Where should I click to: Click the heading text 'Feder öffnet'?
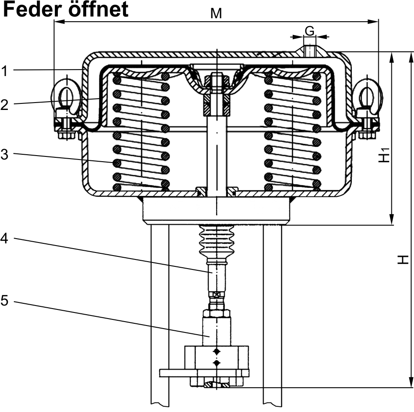click(x=66, y=10)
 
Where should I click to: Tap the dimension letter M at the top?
click(x=216, y=13)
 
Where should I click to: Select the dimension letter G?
click(x=310, y=31)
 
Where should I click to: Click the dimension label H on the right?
click(x=403, y=259)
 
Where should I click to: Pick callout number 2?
click(x=5, y=104)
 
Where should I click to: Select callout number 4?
click(x=5, y=239)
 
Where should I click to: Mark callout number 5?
click(x=5, y=301)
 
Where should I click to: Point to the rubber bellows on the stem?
click(x=216, y=242)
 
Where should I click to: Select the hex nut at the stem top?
click(x=216, y=81)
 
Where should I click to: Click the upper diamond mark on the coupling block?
click(x=217, y=351)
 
